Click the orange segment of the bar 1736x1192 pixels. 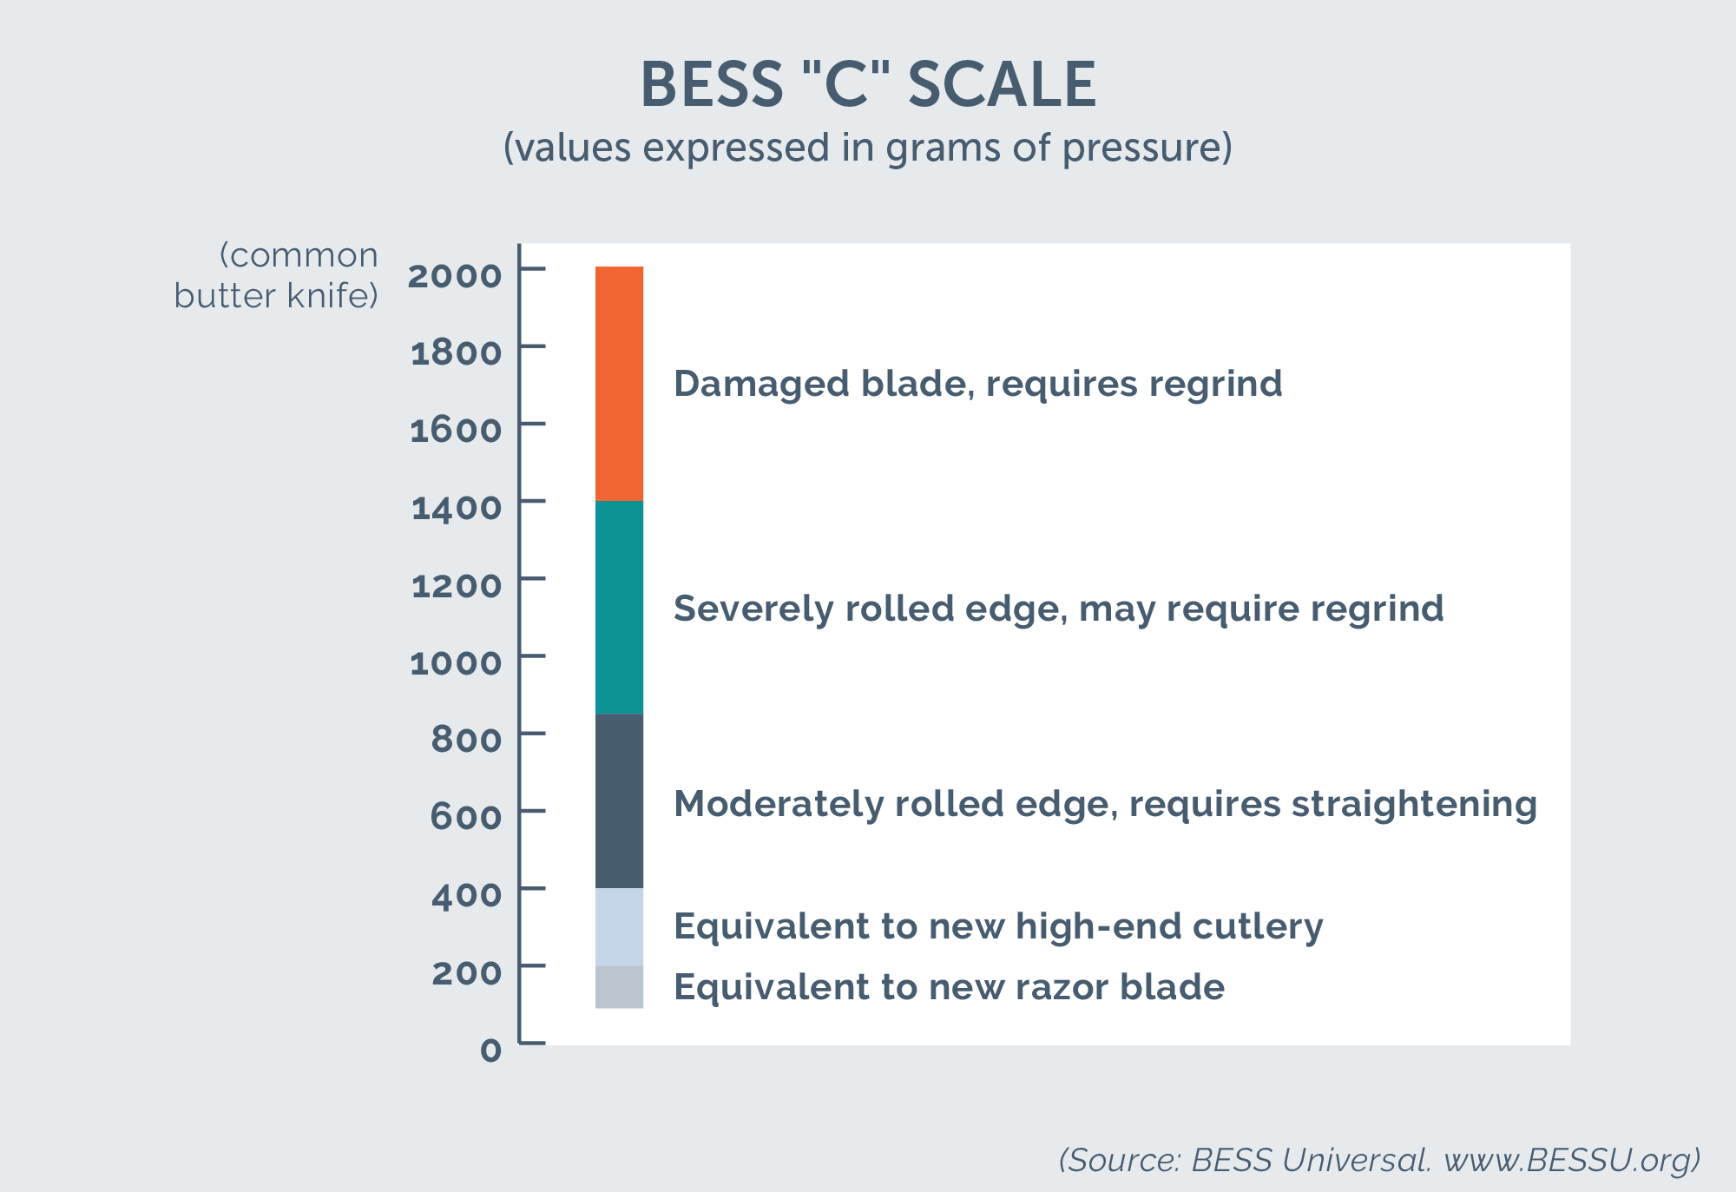[619, 383]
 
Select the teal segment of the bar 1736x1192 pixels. [619, 607]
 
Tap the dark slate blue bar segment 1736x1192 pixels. [619, 800]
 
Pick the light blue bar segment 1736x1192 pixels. [619, 926]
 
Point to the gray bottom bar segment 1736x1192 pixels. [619, 987]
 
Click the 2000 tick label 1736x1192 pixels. [455, 276]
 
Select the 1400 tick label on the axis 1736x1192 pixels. [457, 508]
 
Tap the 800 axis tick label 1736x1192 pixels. [466, 740]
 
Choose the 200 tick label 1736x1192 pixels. [466, 972]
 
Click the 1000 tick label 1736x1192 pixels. [456, 663]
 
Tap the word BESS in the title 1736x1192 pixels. [711, 85]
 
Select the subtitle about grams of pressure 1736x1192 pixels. [867, 148]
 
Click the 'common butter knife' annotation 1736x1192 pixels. [277, 276]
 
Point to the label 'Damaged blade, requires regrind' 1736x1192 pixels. [977, 384]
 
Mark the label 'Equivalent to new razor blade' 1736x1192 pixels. [949, 987]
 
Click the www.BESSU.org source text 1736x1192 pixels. [1571, 1160]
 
